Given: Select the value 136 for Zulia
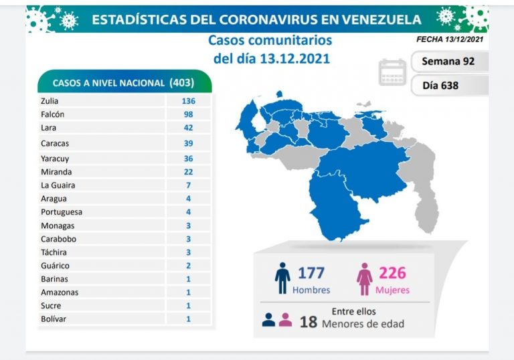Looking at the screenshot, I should pos(188,101).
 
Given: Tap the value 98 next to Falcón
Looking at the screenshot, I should pos(188,114).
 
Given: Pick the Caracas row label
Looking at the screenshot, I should pos(54,143).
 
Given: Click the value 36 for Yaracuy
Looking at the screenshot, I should pos(188,159).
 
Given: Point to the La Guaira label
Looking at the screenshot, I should pos(58,185).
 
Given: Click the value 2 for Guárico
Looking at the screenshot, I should pos(188,266).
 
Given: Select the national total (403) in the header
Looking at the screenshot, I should pos(182,82).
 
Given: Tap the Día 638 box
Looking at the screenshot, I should pos(441,85).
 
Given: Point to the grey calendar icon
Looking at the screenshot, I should pos(393,72).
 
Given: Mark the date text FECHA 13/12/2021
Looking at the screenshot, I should pos(449,39).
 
